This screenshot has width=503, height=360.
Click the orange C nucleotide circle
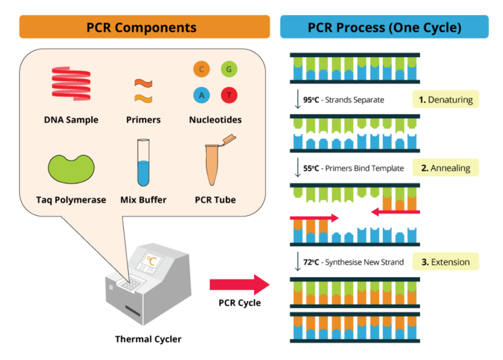(201, 70)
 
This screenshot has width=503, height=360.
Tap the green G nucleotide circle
(229, 70)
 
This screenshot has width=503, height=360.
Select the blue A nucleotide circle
(201, 95)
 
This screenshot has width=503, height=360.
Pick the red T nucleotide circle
(229, 95)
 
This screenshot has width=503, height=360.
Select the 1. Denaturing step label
(446, 100)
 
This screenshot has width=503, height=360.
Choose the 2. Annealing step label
(446, 168)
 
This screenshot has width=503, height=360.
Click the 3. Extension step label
(446, 262)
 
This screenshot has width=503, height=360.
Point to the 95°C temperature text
(310, 100)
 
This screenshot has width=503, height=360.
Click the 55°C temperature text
(310, 168)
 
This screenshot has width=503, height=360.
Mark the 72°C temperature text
(310, 262)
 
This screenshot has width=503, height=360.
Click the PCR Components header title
(142, 27)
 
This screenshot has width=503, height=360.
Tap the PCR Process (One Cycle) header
(384, 27)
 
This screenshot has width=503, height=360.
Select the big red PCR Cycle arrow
(240, 285)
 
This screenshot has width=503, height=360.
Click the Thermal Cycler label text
(148, 339)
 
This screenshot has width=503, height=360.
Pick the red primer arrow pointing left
(395, 212)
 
